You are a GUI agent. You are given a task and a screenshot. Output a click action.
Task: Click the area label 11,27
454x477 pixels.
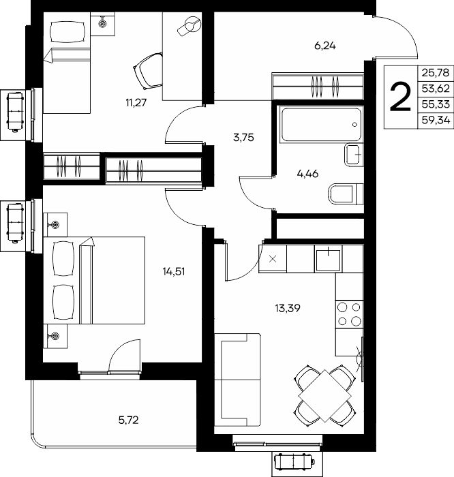pos(136,103)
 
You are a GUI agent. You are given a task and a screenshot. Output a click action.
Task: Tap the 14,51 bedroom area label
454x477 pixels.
pos(173,271)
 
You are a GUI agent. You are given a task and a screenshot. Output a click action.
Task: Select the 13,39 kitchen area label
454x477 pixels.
pos(288,309)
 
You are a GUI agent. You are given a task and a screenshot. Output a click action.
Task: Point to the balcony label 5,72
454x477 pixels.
pos(128,420)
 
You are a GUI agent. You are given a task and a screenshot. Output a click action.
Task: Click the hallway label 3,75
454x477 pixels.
pos(243,138)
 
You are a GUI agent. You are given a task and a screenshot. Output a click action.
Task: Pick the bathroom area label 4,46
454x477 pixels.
pos(307,174)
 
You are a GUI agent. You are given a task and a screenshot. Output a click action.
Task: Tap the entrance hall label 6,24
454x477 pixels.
pos(325,46)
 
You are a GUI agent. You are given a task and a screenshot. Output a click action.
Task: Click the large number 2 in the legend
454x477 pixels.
pos(400,97)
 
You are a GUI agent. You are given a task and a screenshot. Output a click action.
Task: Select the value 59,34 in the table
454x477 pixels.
pos(436,121)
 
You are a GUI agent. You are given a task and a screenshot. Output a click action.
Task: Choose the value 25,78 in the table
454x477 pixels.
pos(436,73)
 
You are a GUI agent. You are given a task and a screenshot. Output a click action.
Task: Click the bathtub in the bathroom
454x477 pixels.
pos(321,124)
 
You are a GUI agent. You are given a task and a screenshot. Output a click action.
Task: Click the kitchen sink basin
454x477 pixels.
pos(328,259)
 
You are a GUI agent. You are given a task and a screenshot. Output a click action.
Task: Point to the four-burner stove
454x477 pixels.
pos(349,314)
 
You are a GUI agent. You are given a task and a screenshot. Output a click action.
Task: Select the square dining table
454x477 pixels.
pos(325,396)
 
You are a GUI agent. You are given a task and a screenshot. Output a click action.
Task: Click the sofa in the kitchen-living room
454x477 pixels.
pos(237,380)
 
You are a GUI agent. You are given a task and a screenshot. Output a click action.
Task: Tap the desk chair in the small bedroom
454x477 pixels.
pos(148,70)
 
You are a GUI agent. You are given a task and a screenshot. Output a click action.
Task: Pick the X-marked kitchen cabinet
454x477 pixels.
pos(273,259)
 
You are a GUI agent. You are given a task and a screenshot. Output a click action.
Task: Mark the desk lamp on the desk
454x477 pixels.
pos(190,26)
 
